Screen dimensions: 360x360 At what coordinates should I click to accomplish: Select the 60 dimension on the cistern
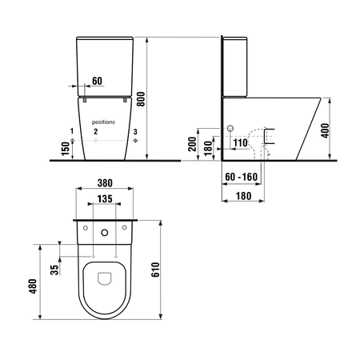97,81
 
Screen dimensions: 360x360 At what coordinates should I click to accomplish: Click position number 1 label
72,130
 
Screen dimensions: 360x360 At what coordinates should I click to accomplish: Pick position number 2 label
96,130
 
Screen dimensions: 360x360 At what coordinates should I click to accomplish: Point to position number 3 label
135,130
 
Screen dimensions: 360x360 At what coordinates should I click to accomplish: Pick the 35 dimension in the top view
54,268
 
